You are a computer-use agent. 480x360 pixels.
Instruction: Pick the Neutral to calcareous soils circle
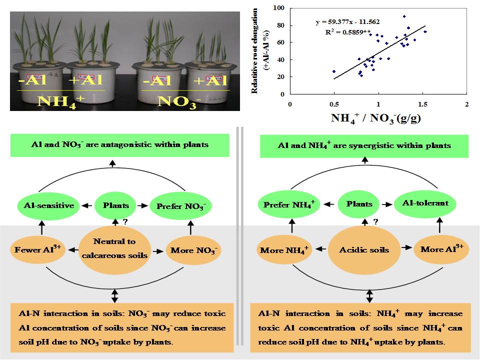pyautogui.click(x=114, y=248)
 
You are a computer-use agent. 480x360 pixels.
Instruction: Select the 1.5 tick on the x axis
pyautogui.click(x=422, y=103)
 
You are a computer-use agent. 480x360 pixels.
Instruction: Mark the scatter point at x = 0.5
pyautogui.click(x=334, y=71)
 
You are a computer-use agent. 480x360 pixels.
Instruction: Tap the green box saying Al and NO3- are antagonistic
pyautogui.click(x=119, y=145)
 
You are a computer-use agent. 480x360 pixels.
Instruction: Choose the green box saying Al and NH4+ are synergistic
pyautogui.click(x=364, y=145)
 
